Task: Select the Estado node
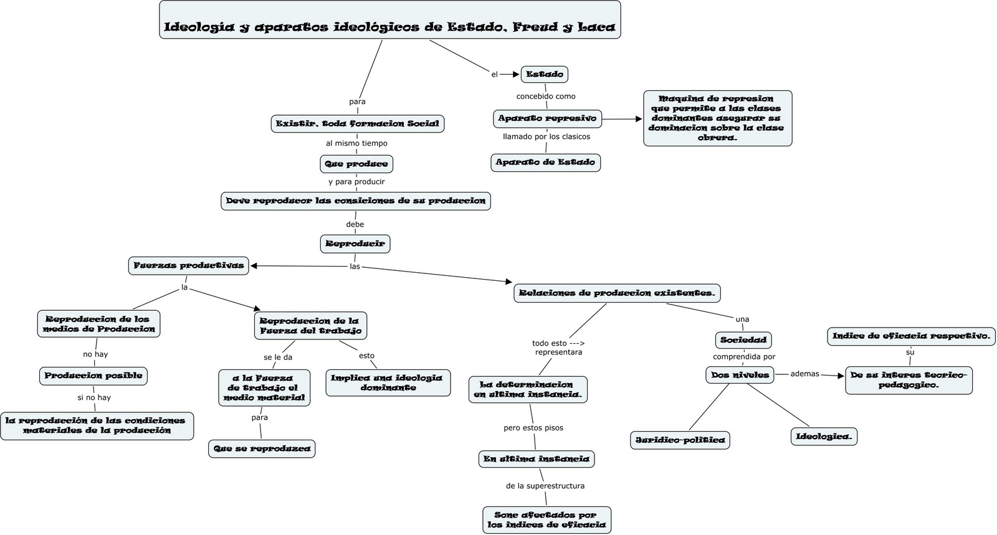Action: point(544,74)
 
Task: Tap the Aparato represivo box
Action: point(547,118)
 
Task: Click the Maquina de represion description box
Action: point(717,118)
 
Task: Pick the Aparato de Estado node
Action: point(545,163)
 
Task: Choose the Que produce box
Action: point(356,164)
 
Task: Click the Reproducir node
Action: point(355,244)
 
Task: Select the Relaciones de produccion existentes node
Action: point(618,293)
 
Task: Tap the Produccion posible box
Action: point(93,376)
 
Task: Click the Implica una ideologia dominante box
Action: point(388,382)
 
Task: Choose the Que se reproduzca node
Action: point(262,448)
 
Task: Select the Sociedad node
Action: point(743,340)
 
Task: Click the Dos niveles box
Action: point(740,375)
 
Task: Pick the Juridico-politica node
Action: point(680,440)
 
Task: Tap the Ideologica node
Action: point(824,437)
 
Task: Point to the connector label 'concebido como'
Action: point(546,97)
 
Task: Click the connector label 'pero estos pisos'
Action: point(533,428)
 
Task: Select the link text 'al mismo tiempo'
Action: point(356,143)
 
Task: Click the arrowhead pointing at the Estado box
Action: point(516,74)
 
